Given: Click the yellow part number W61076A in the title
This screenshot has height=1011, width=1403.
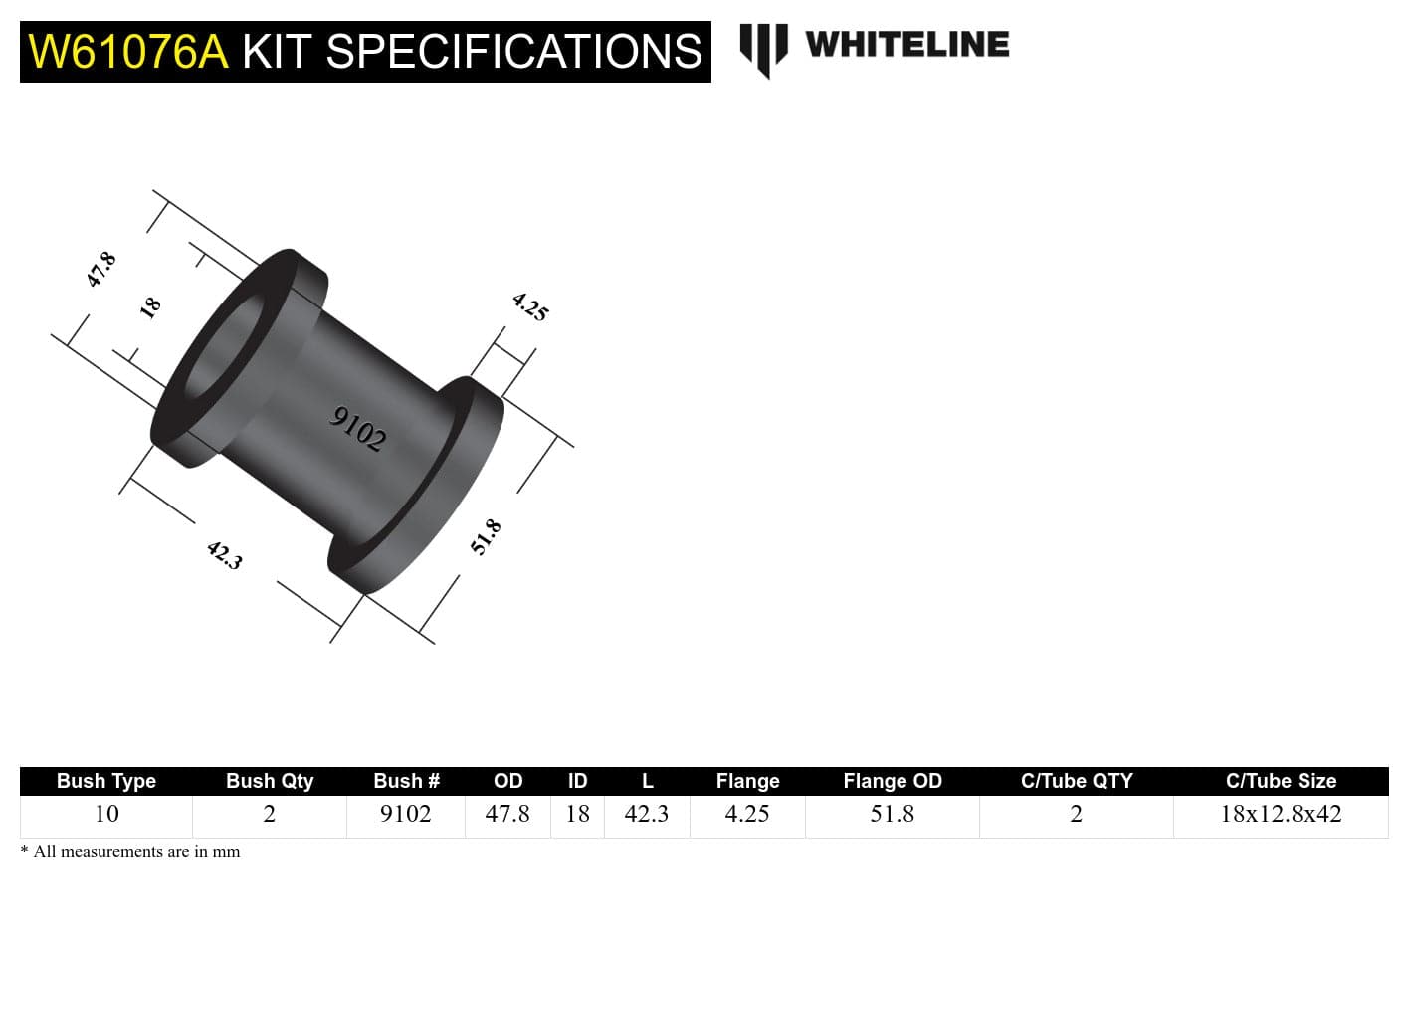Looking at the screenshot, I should tap(128, 52).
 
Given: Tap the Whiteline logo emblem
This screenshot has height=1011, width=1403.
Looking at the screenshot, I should tap(763, 49).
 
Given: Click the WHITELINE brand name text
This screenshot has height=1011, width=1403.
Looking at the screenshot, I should tap(906, 45).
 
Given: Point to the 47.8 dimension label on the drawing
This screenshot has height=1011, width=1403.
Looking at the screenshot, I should tap(101, 270).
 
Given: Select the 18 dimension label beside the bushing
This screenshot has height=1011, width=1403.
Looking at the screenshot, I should tap(150, 307).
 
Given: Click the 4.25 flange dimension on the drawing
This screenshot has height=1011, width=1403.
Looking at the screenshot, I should tap(530, 306).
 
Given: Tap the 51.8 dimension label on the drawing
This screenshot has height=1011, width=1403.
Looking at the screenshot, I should tap(486, 537).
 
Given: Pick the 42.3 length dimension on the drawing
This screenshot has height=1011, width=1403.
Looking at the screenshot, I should tap(225, 554).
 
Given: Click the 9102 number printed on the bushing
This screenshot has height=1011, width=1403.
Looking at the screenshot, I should tap(357, 429).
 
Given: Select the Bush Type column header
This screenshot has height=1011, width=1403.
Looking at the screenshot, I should tap(106, 781).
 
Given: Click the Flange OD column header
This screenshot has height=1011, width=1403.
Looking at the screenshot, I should tap(893, 781).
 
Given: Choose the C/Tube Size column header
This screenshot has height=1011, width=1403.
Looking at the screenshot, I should tap(1281, 781).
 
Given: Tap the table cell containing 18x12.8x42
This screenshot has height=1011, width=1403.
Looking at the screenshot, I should tap(1281, 814).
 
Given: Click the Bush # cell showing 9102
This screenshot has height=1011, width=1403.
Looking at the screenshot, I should tap(406, 814).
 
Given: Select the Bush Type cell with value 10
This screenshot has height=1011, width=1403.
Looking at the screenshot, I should tap(106, 814).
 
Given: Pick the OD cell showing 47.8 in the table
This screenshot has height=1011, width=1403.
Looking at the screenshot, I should tap(507, 814).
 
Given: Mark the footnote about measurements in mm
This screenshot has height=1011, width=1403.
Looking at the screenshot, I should tap(130, 852).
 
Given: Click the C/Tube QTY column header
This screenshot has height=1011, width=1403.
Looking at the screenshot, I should tap(1077, 781).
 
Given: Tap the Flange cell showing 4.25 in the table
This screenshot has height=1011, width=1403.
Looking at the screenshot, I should tap(747, 814).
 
